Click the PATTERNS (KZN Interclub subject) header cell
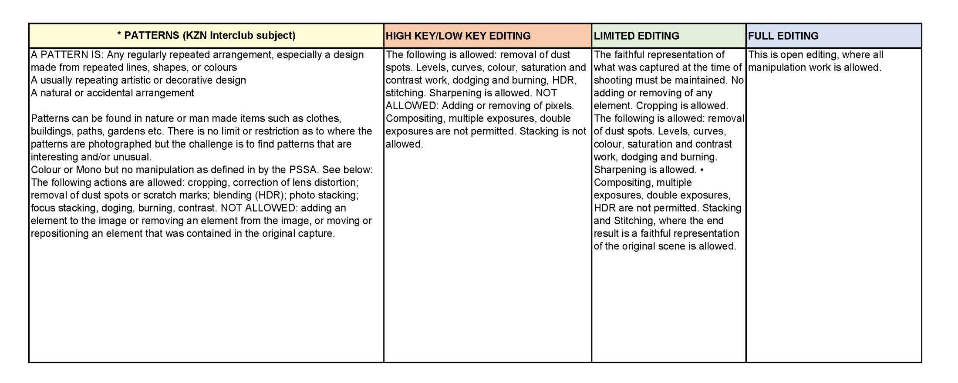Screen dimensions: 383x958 (x=206, y=36)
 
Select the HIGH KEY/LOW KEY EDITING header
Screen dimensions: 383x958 (x=458, y=36)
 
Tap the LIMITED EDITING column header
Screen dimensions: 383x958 (x=636, y=36)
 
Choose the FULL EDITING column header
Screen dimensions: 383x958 (x=783, y=36)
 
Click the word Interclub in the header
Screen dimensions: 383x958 (x=230, y=36)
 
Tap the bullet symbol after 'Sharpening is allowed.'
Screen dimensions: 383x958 (x=702, y=170)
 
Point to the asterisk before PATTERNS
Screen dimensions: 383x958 (x=119, y=35)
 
